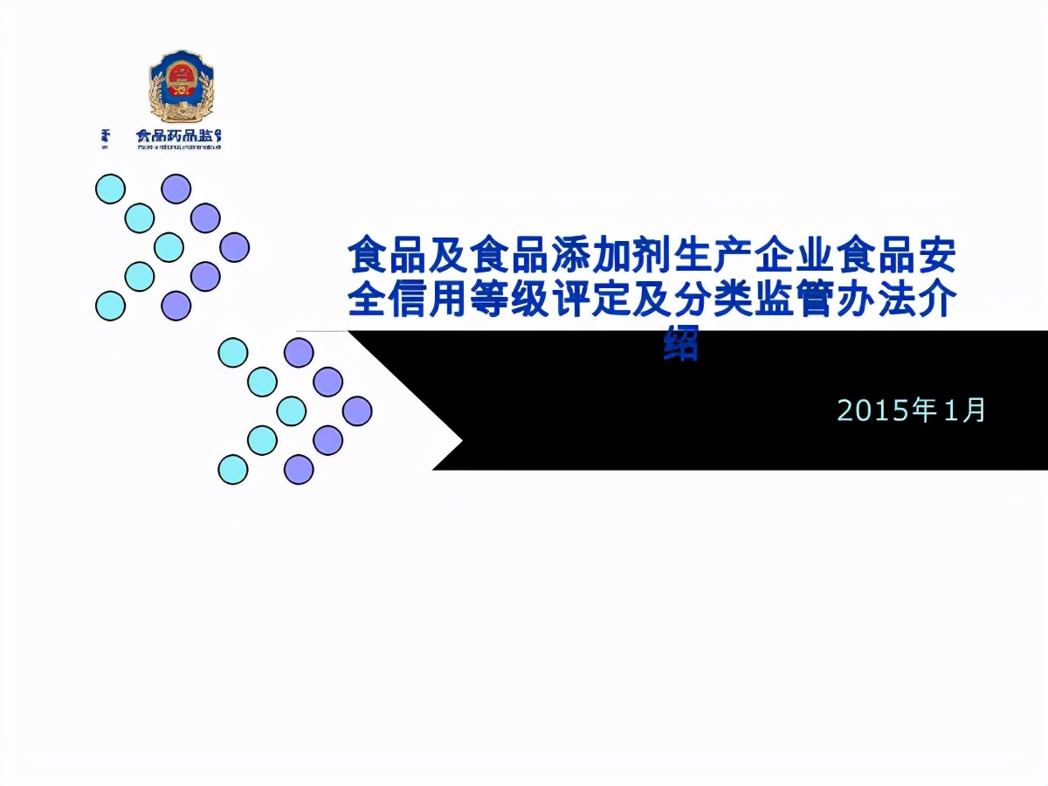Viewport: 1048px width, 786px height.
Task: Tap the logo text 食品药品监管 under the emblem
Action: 178,136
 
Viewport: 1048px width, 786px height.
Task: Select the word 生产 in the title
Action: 713,258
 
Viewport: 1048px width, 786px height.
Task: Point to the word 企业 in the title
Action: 795,258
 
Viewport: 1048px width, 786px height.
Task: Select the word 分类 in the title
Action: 713,300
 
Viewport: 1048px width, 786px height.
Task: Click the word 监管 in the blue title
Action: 794,300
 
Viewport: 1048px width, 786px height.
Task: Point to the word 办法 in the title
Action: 875,300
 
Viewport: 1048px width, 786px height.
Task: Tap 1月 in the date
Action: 966,410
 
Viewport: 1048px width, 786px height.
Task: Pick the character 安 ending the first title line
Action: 936,258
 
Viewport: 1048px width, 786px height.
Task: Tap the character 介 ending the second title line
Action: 936,300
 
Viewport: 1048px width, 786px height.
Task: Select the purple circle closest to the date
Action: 357,410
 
